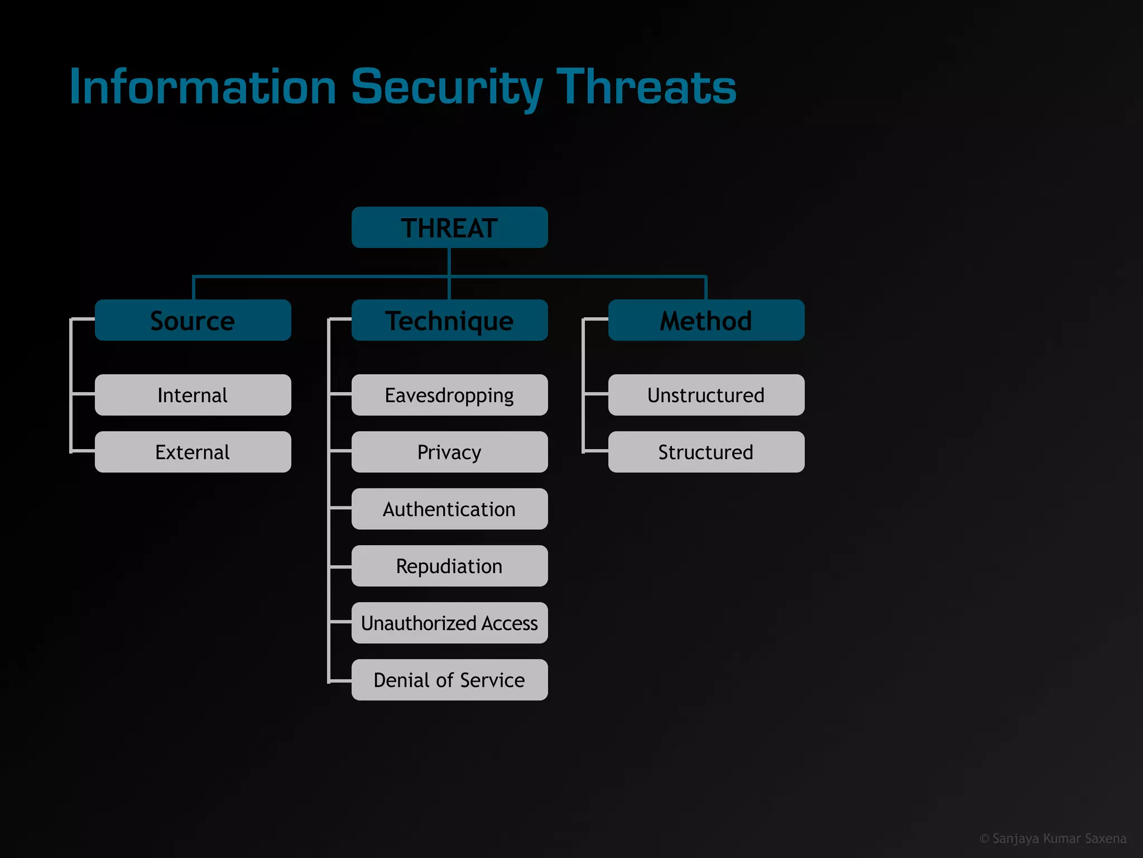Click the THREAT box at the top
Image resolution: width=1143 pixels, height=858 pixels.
click(449, 227)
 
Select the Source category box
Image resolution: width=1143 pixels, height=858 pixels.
click(193, 320)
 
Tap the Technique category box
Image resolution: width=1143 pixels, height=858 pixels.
click(449, 320)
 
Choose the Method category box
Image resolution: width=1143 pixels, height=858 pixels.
click(706, 320)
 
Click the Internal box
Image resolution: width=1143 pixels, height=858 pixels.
click(193, 395)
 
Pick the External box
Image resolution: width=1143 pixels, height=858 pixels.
click(193, 452)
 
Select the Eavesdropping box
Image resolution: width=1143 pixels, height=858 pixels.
click(449, 395)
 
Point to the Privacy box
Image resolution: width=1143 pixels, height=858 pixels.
click(449, 452)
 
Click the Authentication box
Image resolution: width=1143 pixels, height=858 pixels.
click(449, 509)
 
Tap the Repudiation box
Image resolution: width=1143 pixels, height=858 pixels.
click(449, 566)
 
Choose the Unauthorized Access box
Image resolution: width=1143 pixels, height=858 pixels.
click(449, 623)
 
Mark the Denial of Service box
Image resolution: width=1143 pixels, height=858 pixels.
click(449, 680)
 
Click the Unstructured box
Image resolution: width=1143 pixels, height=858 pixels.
click(706, 395)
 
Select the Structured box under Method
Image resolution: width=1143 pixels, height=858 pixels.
click(706, 452)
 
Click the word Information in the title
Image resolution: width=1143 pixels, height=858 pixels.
click(203, 87)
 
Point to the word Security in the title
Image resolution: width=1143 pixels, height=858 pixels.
click(446, 87)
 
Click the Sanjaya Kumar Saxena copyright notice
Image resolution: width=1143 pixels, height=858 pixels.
click(1053, 838)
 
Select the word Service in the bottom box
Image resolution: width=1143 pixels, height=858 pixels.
click(492, 680)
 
